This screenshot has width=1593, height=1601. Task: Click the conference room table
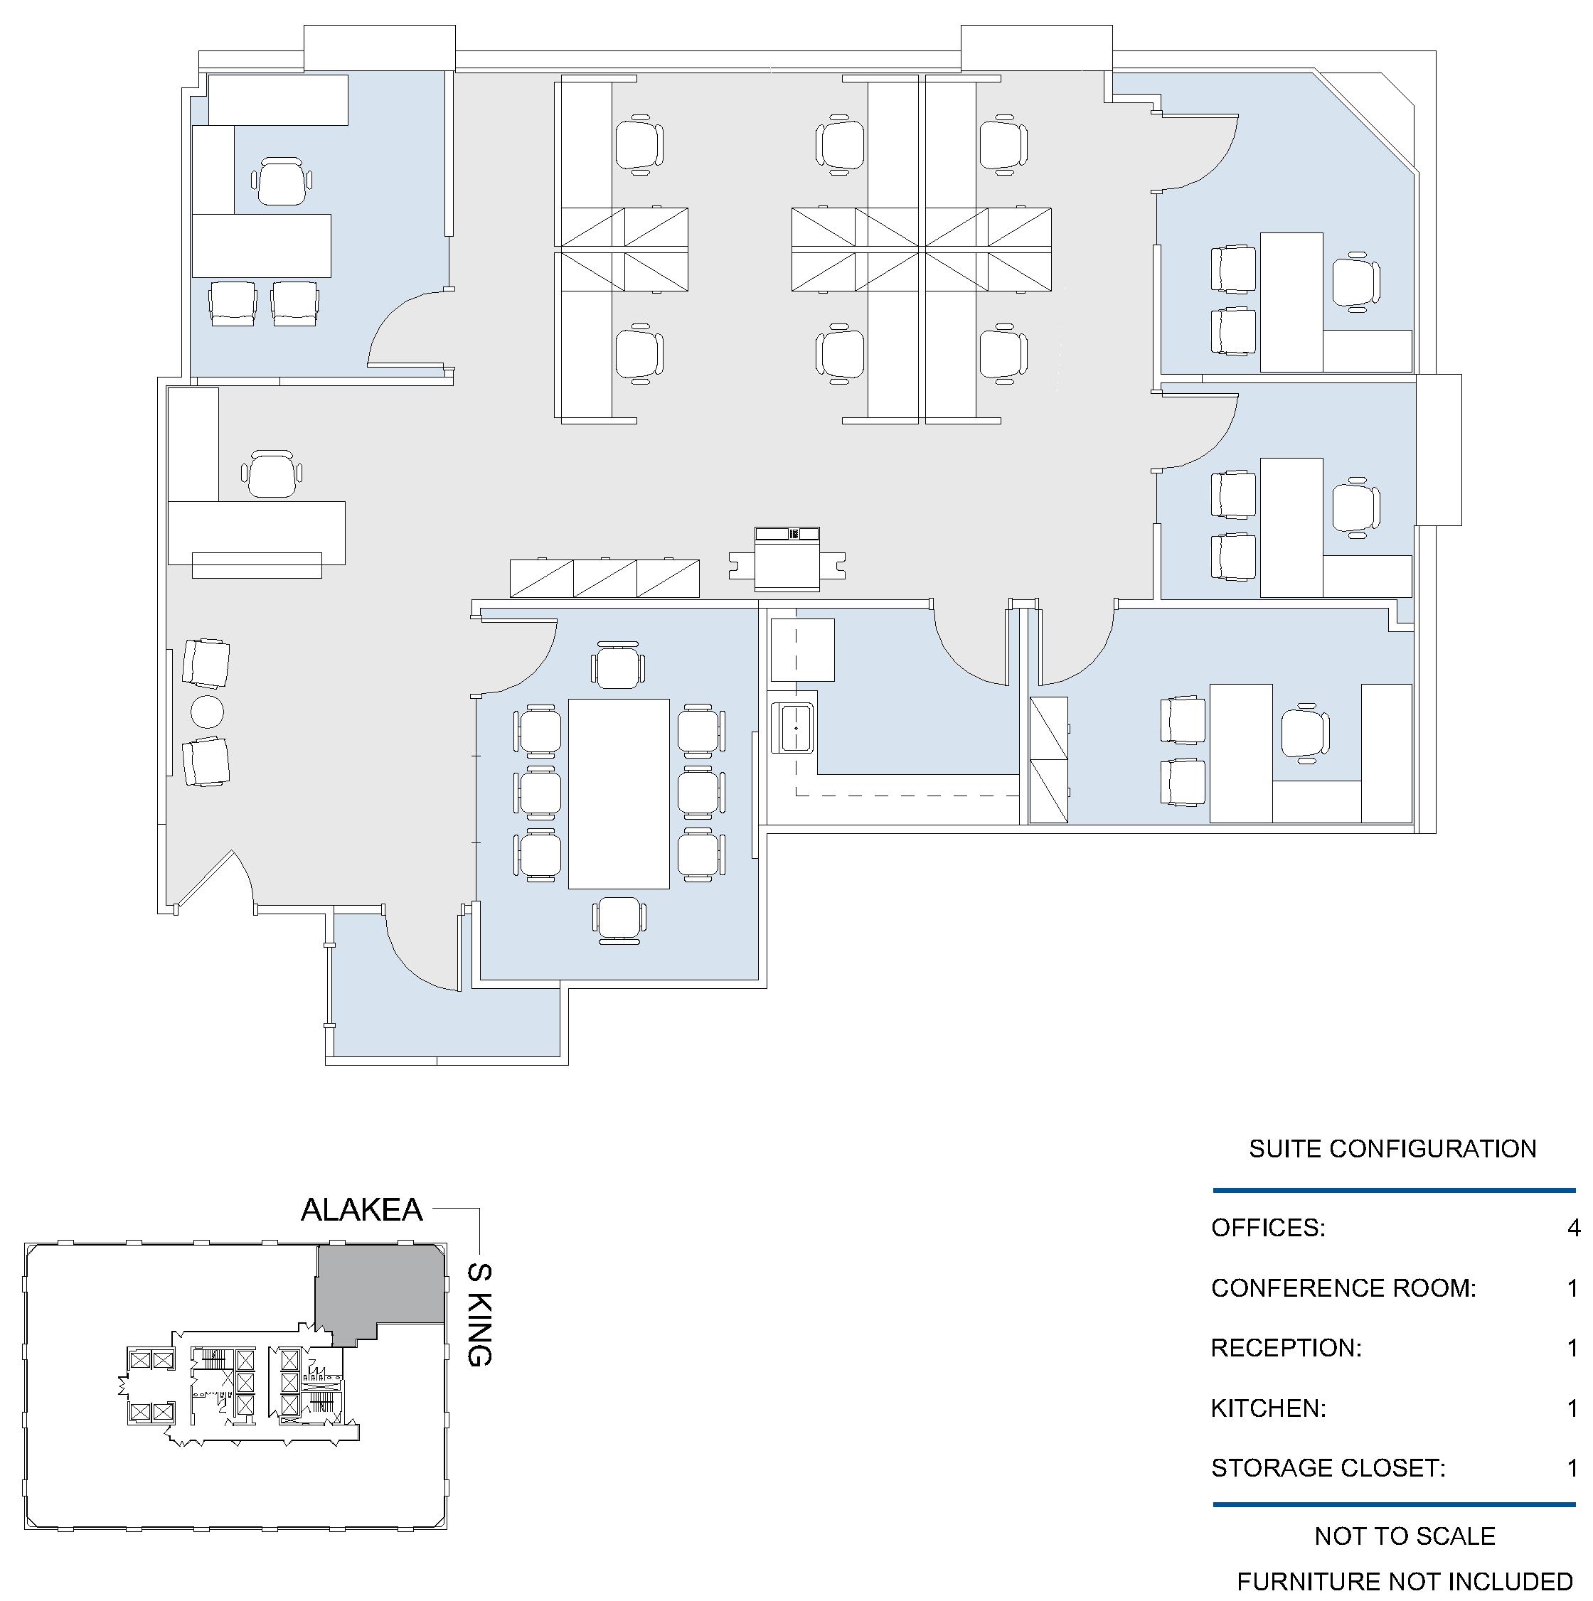(618, 793)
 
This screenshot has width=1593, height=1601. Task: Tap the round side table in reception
(207, 711)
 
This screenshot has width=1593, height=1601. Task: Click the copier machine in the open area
(787, 559)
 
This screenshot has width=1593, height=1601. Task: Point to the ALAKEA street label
(361, 1210)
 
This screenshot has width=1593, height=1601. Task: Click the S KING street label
(480, 1314)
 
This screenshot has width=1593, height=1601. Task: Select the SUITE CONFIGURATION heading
(1392, 1149)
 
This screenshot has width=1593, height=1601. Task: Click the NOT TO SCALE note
(1405, 1536)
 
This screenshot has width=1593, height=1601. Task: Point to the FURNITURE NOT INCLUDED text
(1405, 1582)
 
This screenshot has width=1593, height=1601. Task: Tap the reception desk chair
(272, 474)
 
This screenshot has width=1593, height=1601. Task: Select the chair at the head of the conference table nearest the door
(617, 665)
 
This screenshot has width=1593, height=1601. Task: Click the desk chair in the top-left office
(282, 181)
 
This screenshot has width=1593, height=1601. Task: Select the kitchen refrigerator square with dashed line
(802, 650)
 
